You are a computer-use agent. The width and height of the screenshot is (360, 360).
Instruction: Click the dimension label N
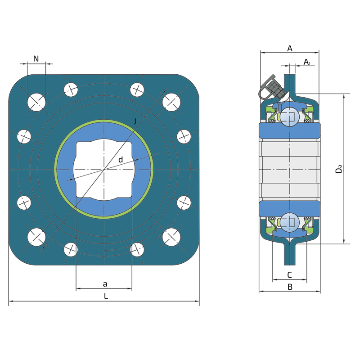click(x=36, y=59)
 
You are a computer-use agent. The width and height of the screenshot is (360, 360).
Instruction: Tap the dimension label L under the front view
click(x=106, y=296)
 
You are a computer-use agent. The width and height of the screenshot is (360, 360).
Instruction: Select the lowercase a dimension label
click(x=105, y=284)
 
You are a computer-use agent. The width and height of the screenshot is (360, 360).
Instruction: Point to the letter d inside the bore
click(x=121, y=160)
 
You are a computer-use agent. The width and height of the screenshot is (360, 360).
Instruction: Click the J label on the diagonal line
click(x=135, y=121)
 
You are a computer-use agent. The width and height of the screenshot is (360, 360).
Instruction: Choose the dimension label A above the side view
click(x=290, y=49)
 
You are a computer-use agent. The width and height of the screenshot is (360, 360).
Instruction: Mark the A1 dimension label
click(x=307, y=62)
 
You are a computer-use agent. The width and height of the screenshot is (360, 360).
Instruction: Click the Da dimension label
click(x=338, y=169)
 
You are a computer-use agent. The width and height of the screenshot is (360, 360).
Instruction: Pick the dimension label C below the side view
click(x=289, y=275)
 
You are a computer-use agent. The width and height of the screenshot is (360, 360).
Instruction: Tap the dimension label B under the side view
click(x=290, y=287)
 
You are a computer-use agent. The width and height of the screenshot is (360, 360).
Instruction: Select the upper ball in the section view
click(x=290, y=117)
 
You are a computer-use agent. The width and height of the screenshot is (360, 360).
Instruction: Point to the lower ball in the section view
click(x=290, y=222)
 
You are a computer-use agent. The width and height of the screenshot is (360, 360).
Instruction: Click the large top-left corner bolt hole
click(x=36, y=102)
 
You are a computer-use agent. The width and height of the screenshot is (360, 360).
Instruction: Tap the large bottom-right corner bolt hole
click(x=171, y=237)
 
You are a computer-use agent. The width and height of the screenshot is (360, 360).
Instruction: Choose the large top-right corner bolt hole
click(x=171, y=102)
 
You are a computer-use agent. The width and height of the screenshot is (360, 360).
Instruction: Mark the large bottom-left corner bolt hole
click(x=36, y=237)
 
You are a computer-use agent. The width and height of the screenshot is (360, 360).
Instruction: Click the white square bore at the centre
click(x=104, y=170)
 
